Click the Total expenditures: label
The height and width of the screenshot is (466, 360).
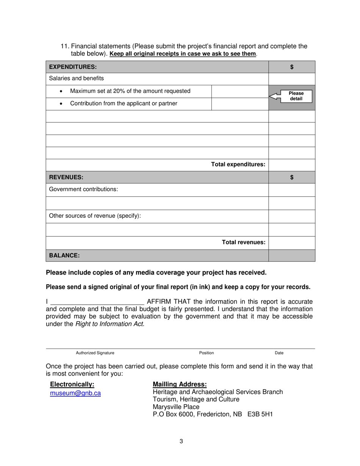238,164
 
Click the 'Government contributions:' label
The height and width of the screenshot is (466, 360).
84,189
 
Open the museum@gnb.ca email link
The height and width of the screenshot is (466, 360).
75,393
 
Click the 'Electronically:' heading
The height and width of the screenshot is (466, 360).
72,385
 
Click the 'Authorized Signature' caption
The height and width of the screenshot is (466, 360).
95,353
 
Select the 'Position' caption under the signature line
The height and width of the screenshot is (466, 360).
207,353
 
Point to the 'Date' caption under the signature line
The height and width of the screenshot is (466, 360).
279,353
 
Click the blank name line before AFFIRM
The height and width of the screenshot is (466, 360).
97,302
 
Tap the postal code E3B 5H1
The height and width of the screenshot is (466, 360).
260,414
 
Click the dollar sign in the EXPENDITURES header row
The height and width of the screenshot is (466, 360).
292,67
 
